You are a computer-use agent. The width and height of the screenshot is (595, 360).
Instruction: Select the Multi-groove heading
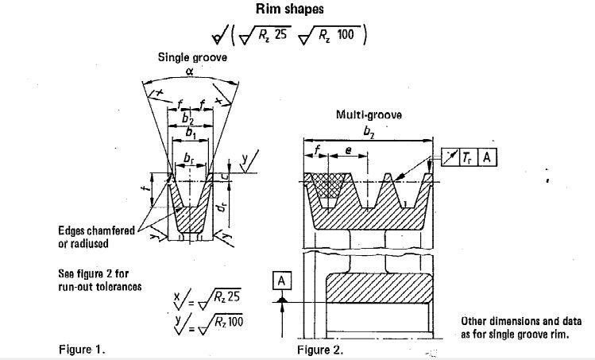(369, 114)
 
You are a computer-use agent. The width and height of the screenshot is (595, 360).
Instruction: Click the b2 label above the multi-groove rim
(368, 133)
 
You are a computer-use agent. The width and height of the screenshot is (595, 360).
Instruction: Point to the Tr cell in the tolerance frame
(466, 157)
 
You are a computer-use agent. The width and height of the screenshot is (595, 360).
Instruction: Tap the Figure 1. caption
(82, 348)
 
